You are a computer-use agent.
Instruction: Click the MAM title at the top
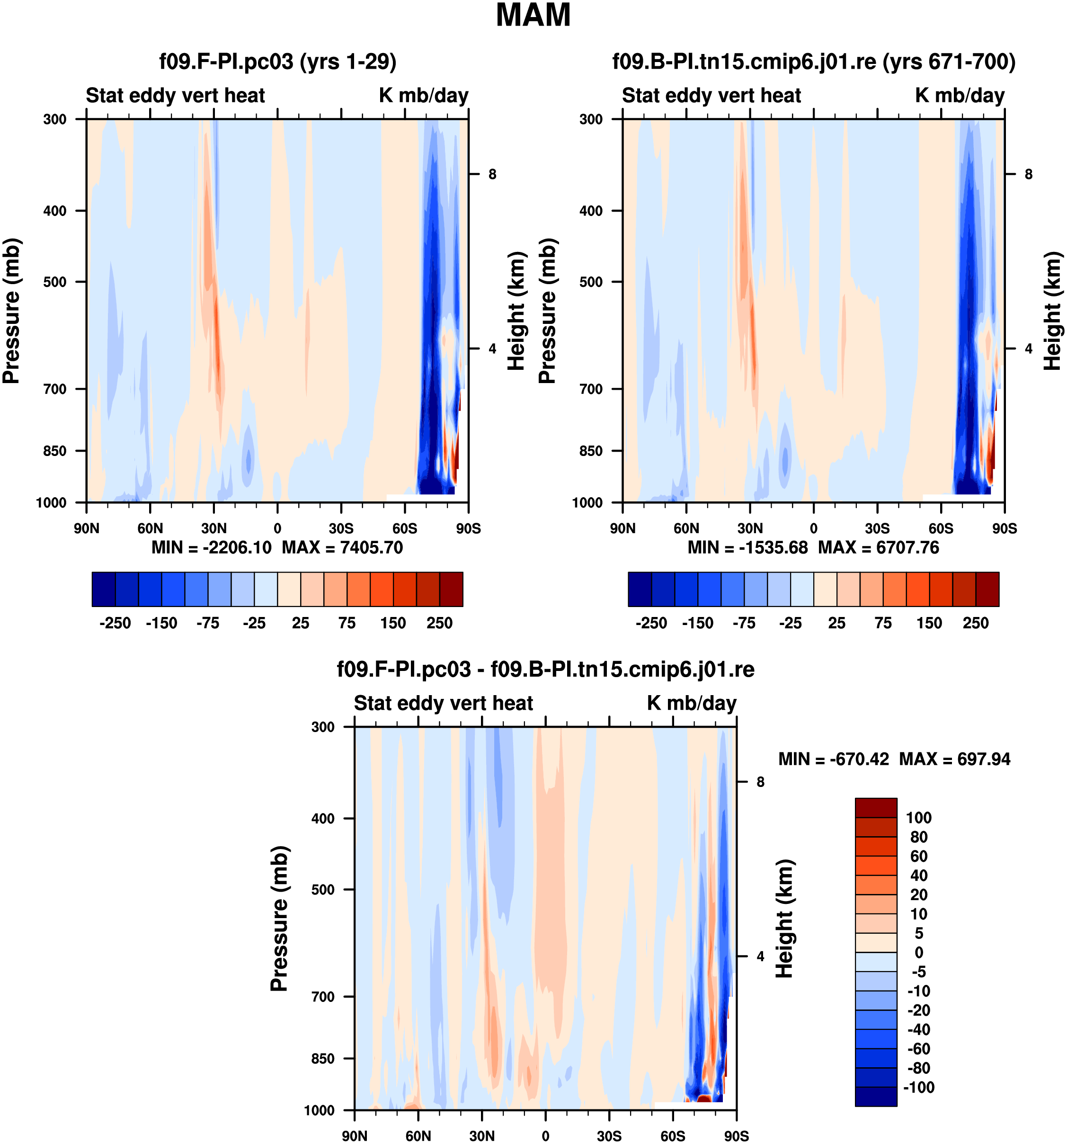(x=533, y=16)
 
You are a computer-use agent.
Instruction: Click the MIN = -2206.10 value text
(x=211, y=547)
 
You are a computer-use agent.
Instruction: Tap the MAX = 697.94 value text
(x=954, y=759)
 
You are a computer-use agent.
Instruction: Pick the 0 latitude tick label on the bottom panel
(x=545, y=1136)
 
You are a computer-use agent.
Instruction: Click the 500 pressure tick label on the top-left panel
(x=55, y=282)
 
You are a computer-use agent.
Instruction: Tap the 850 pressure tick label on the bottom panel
(x=323, y=1059)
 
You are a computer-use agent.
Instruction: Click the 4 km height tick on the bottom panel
(x=760, y=956)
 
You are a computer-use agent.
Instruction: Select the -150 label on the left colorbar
(x=161, y=623)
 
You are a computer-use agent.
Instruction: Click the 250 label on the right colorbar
(x=976, y=623)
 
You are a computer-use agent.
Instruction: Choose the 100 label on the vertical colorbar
(x=919, y=818)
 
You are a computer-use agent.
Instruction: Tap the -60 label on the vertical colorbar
(x=919, y=1048)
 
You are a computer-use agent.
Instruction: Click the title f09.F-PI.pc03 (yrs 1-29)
(x=278, y=62)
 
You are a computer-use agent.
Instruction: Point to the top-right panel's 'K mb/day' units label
(x=960, y=96)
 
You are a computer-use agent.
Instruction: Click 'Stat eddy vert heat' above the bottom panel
(x=443, y=703)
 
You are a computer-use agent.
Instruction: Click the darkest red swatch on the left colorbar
(x=451, y=589)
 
